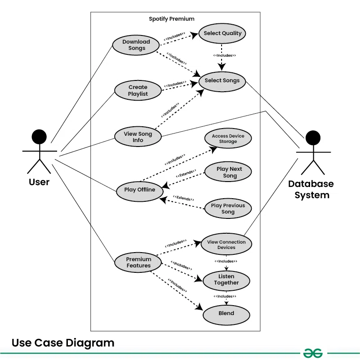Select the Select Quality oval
[x=222, y=33]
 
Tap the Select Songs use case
[x=222, y=80]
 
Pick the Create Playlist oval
[x=138, y=91]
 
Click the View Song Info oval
[x=138, y=137]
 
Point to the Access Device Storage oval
[x=228, y=138]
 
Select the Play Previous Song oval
[x=228, y=209]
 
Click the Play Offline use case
[x=139, y=190]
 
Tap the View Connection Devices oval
[x=226, y=244]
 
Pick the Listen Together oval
[x=226, y=280]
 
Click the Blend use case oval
[x=226, y=313]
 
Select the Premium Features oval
[x=138, y=262]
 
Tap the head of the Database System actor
[x=313, y=138]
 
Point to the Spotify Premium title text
[x=172, y=19]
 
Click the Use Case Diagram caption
[x=63, y=343]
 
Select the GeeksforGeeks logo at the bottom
[x=313, y=353]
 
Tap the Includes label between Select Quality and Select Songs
[x=225, y=56]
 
